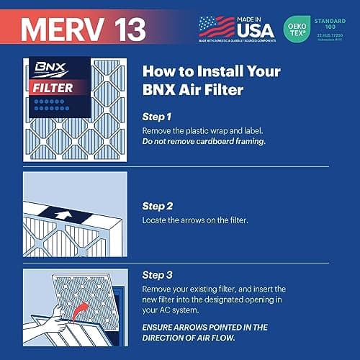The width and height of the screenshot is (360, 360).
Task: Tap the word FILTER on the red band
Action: click(54, 89)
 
